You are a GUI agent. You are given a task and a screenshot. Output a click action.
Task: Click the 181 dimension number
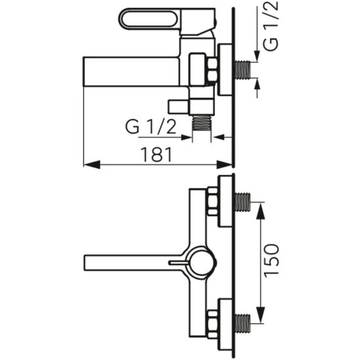pyautogui.click(x=156, y=154)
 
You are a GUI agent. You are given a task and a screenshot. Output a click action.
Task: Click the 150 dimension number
pyautogui.click(x=271, y=260)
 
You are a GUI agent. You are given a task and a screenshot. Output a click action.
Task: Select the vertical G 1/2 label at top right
pyautogui.click(x=271, y=26)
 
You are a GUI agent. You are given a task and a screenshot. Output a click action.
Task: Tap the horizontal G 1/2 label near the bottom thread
pyautogui.click(x=150, y=127)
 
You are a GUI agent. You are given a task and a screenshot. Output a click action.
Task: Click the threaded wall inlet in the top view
pyautogui.click(x=243, y=70)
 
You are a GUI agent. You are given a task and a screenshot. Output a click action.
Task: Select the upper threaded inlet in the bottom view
pyautogui.click(x=242, y=202)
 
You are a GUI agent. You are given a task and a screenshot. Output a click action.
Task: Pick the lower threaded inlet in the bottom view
pyautogui.click(x=242, y=323)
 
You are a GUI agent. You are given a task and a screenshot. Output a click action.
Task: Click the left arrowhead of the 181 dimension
pyautogui.click(x=92, y=165)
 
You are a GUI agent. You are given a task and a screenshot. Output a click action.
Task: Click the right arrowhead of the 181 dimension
pyautogui.click(x=224, y=165)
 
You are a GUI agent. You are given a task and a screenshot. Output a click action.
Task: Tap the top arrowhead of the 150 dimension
pyautogui.click(x=260, y=211)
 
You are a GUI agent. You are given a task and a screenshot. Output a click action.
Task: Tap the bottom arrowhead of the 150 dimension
pyautogui.click(x=260, y=315)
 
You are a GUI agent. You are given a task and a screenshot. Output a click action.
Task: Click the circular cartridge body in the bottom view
pyautogui.click(x=201, y=263)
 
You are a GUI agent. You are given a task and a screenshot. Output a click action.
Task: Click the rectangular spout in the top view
pyautogui.click(x=131, y=72)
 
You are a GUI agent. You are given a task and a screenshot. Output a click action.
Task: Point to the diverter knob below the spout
pyautogui.click(x=179, y=107)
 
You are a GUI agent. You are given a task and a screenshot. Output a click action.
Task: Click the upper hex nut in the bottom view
pyautogui.click(x=212, y=202)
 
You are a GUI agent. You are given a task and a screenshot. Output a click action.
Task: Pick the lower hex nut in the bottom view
pyautogui.click(x=212, y=324)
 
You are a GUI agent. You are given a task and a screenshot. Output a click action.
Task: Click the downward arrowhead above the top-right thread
pyautogui.click(x=257, y=56)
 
